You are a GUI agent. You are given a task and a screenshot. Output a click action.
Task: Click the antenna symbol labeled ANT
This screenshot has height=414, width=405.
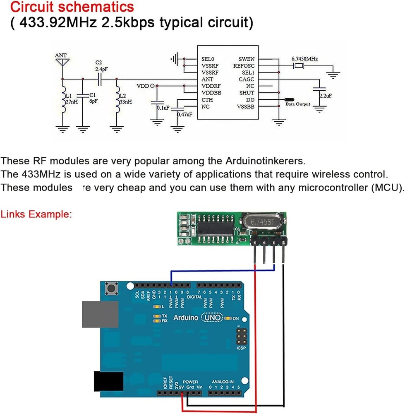tap(62, 62)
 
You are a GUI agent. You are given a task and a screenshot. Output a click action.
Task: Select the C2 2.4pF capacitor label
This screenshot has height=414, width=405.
tap(101, 66)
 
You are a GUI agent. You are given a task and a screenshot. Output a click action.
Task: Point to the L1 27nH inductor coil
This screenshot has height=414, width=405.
tap(63, 101)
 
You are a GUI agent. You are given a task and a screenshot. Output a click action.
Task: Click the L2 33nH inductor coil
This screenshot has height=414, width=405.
tap(117, 101)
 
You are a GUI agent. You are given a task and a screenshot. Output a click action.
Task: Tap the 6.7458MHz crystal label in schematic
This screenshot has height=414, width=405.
tap(304, 59)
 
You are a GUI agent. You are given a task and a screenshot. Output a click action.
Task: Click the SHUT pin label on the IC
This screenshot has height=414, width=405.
tap(247, 93)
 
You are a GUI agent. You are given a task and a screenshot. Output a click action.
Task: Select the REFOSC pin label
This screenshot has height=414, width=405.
tap(244, 66)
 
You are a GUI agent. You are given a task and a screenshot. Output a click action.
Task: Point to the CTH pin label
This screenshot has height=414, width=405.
tap(207, 100)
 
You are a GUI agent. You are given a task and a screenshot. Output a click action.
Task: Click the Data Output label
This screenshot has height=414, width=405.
tap(298, 104)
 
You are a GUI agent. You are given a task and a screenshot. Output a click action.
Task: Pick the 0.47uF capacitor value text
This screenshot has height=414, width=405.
tap(185, 114)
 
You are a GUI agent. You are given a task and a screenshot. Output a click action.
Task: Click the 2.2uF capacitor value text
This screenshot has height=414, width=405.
tap(325, 96)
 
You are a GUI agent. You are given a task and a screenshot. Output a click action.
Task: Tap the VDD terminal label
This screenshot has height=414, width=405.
tap(143, 86)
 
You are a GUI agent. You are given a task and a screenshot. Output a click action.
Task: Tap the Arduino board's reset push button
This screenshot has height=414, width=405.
tap(111, 287)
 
